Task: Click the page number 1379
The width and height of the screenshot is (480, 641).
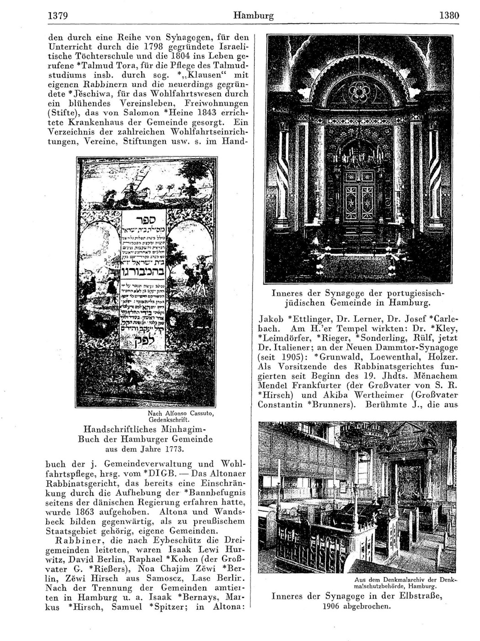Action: click(x=58, y=16)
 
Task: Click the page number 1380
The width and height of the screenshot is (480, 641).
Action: click(x=448, y=16)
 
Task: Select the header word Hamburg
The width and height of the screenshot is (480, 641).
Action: click(x=253, y=16)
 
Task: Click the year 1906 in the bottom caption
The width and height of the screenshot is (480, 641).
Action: click(x=332, y=606)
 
